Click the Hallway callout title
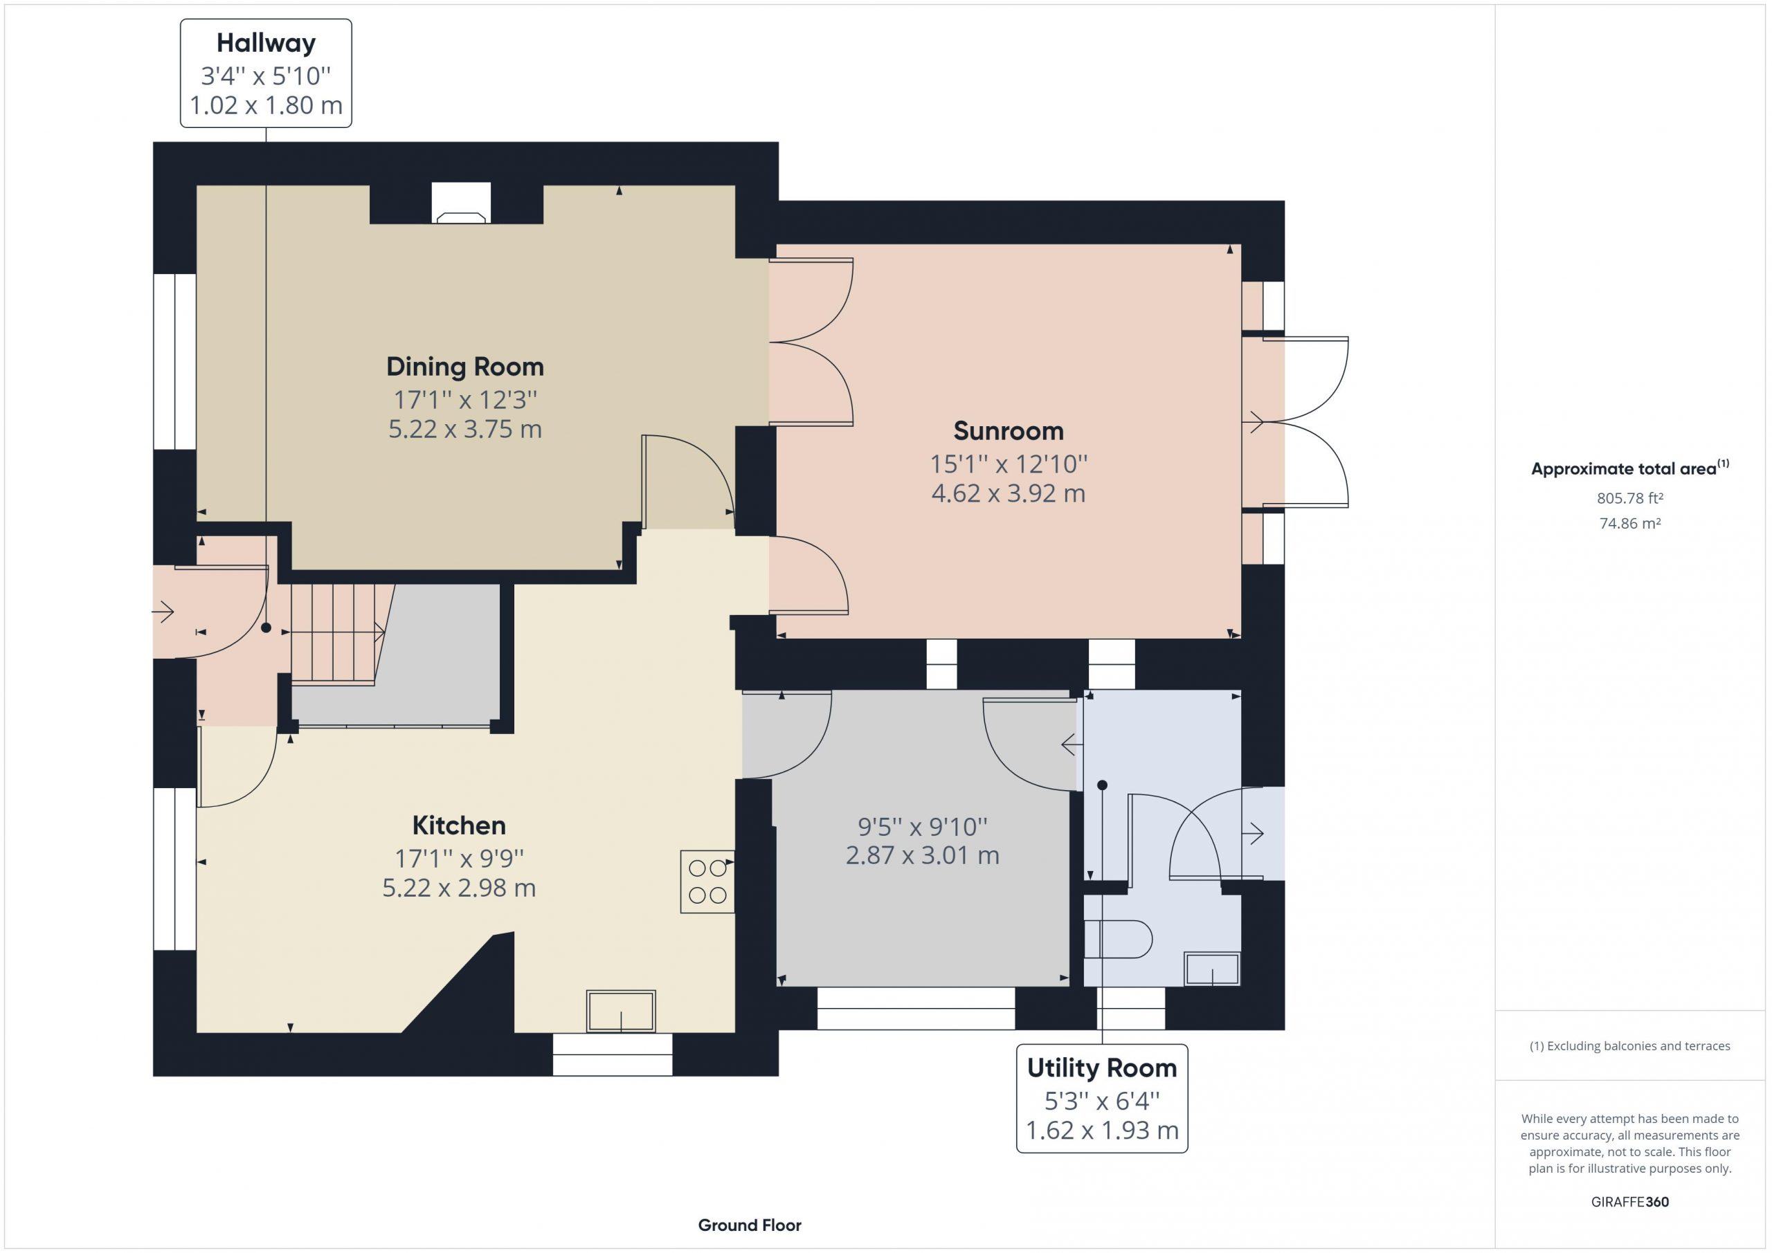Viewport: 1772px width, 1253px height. [x=266, y=43]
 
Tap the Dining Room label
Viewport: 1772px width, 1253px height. [x=464, y=367]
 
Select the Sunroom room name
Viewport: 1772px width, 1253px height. [x=1008, y=430]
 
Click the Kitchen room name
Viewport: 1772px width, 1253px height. [x=458, y=825]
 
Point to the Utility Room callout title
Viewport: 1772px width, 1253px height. [x=1101, y=1068]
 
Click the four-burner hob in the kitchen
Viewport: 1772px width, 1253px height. [x=707, y=881]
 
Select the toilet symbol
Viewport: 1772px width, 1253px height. [x=1119, y=939]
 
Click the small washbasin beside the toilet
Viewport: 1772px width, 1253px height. [x=1212, y=969]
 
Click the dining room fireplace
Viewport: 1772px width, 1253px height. [x=461, y=203]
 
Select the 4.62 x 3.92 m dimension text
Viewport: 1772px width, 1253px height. [x=1008, y=493]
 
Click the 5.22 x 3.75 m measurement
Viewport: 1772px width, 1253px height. [x=464, y=429]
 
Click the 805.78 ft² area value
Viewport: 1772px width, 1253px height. [x=1630, y=498]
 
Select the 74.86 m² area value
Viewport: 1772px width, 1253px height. [x=1630, y=523]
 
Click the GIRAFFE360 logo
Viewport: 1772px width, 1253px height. [x=1630, y=1202]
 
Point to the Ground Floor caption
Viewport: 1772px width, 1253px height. [x=750, y=1225]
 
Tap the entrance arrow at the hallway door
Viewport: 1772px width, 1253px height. [x=163, y=612]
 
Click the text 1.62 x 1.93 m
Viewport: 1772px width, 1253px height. [x=1101, y=1131]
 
